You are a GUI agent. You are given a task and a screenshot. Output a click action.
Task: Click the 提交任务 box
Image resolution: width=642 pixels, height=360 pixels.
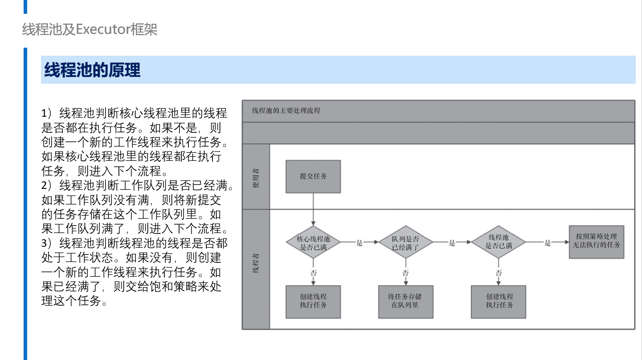pos(313,176)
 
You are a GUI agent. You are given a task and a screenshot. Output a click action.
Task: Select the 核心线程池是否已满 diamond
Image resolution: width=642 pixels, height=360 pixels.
pos(313,242)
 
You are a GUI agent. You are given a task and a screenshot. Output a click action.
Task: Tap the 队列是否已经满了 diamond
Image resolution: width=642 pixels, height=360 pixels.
pos(405,242)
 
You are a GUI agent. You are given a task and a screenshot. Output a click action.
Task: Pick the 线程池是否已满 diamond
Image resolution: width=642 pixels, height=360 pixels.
pos(499,242)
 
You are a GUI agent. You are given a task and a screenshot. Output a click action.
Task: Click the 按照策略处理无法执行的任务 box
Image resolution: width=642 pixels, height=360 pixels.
pos(597,242)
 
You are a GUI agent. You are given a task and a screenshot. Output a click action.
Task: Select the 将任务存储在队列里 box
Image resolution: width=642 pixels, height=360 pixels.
pos(405,302)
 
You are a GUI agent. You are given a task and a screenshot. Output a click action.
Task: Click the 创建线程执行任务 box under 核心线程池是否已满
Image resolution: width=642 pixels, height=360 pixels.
pos(313,302)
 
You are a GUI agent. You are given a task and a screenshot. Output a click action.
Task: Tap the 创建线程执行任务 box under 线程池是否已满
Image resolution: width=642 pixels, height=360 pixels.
pos(499,302)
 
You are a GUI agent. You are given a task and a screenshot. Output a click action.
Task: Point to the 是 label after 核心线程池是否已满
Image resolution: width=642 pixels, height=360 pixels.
pos(360,243)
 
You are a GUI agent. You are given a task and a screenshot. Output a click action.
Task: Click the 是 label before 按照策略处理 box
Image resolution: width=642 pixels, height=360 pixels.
pos(548,243)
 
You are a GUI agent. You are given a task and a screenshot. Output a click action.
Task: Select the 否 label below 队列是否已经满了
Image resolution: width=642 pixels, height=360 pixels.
pos(405,273)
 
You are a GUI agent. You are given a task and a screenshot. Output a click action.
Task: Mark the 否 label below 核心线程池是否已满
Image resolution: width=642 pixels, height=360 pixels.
pos(313,273)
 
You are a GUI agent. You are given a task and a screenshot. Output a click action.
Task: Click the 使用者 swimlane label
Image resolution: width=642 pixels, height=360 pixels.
pos(256,178)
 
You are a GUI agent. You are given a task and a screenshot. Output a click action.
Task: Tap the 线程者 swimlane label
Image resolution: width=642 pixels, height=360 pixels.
pos(256,263)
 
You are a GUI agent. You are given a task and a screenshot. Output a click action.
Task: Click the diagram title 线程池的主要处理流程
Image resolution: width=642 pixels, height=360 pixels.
pos(286,110)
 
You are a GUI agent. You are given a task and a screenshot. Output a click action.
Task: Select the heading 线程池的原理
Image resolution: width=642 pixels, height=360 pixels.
pos(92,70)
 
